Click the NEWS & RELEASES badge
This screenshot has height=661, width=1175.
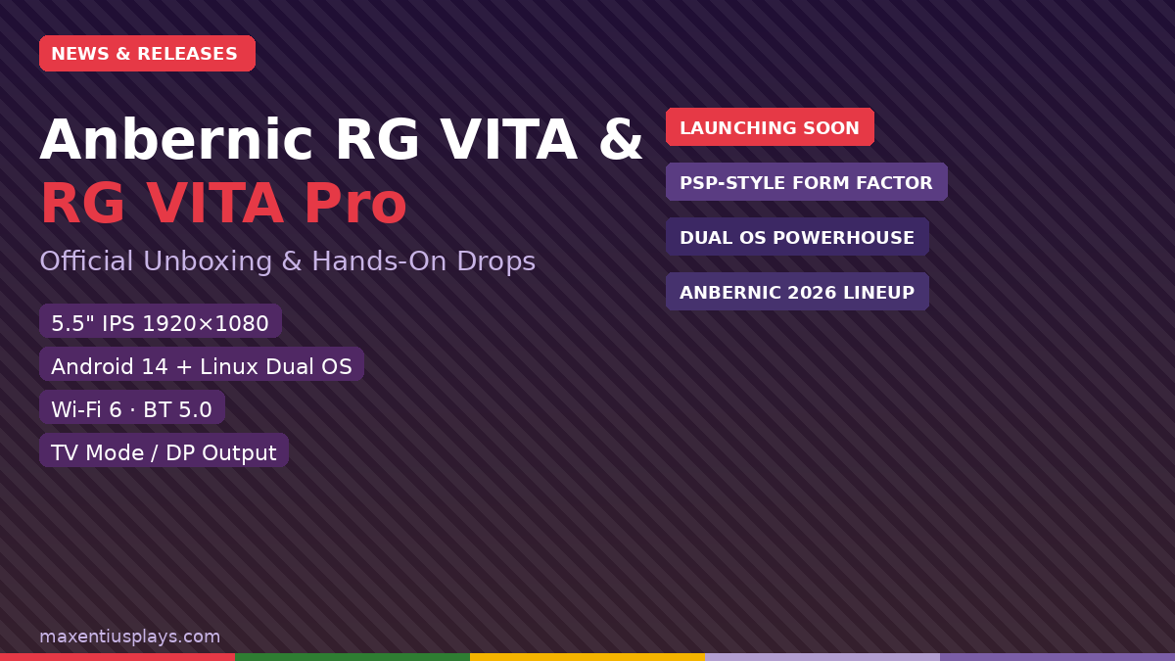point(147,54)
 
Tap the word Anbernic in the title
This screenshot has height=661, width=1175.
point(175,141)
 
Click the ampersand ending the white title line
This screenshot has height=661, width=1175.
point(621,141)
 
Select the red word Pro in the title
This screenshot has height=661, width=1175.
point(354,205)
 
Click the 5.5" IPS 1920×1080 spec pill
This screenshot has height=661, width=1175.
point(161,323)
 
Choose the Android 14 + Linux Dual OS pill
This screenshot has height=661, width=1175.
point(202,366)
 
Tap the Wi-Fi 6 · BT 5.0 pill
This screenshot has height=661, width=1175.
point(132,409)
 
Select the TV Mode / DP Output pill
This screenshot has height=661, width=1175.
point(164,452)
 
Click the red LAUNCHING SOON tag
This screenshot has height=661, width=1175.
point(770,127)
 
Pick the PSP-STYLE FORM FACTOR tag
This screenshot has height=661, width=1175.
point(806,182)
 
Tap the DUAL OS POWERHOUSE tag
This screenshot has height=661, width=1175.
point(797,237)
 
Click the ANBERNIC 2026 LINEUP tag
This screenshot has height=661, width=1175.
point(797,292)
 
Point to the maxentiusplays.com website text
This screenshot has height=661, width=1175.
point(129,637)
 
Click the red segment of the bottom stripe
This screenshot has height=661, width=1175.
point(117,657)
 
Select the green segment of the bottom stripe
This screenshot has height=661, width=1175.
point(352,657)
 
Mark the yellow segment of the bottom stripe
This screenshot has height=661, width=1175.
point(587,657)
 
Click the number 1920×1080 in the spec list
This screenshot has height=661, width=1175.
point(206,323)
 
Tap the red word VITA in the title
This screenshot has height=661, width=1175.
point(215,205)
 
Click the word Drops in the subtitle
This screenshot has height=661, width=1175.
point(499,261)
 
